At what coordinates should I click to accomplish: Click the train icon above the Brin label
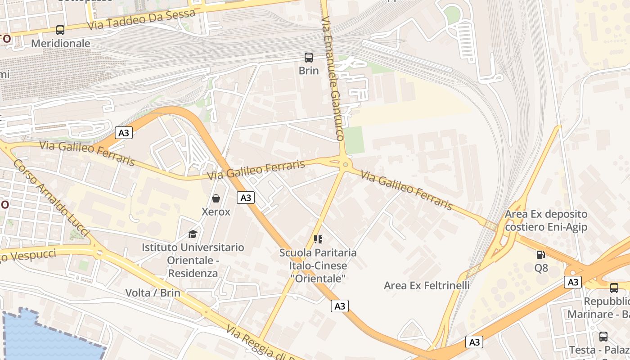309,58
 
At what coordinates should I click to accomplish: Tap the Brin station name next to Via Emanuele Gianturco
309,71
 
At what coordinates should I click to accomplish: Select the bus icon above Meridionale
60,30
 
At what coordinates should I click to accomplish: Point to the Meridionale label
60,44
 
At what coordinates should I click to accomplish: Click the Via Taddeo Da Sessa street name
141,19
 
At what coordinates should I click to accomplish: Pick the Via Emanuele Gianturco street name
333,79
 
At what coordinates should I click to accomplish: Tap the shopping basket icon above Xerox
216,198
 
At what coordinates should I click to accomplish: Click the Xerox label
216,212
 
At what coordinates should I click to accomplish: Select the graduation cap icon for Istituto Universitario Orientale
193,234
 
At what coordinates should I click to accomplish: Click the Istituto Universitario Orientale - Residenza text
193,260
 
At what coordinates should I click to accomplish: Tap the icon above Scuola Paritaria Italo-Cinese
318,239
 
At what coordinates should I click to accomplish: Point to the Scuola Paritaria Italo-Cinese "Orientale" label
318,265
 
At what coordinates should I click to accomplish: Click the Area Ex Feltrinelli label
427,285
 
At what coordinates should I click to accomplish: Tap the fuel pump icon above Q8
541,255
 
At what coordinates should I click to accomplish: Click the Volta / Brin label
153,293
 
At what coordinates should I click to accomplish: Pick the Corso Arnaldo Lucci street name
51,198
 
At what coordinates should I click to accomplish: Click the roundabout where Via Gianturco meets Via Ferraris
345,165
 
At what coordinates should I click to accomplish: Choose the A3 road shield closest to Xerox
246,198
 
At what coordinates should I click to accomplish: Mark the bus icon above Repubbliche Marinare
614,288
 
